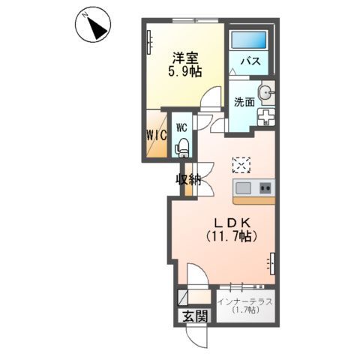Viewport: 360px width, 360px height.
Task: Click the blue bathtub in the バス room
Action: [x=248, y=40]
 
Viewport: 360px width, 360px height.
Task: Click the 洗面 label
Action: [x=243, y=101]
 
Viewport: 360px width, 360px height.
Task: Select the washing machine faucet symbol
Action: [x=266, y=117]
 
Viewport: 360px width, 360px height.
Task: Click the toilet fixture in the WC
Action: [x=181, y=147]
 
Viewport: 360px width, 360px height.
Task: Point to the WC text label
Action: [x=181, y=127]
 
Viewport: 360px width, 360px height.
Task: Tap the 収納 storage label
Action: [x=188, y=179]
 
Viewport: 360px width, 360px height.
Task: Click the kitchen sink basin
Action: [x=244, y=187]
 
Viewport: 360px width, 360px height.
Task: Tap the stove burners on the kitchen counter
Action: [x=265, y=187]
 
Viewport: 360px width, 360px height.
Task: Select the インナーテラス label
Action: [x=245, y=302]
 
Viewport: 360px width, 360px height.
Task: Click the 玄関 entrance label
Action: [x=193, y=316]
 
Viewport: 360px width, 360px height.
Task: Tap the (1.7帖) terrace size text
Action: [x=245, y=310]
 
